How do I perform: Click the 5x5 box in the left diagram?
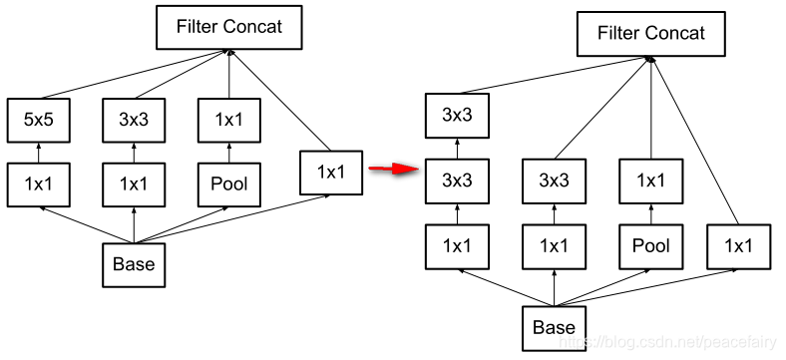39,121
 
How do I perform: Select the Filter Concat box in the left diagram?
229,27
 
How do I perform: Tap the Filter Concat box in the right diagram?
651,34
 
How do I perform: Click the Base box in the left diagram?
134,264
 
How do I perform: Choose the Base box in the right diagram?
554,328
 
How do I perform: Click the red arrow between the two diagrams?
394,169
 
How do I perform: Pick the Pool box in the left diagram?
229,184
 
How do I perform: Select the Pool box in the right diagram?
651,246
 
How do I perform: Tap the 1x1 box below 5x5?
39,184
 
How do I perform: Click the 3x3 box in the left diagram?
134,121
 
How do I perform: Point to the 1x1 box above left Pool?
229,121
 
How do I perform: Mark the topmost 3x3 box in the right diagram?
457,116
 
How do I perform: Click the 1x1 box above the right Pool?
651,181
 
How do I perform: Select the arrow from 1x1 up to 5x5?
39,153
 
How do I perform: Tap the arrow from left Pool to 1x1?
229,153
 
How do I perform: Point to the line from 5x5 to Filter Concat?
136,74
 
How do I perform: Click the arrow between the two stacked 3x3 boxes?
457,149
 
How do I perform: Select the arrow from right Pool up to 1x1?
651,214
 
